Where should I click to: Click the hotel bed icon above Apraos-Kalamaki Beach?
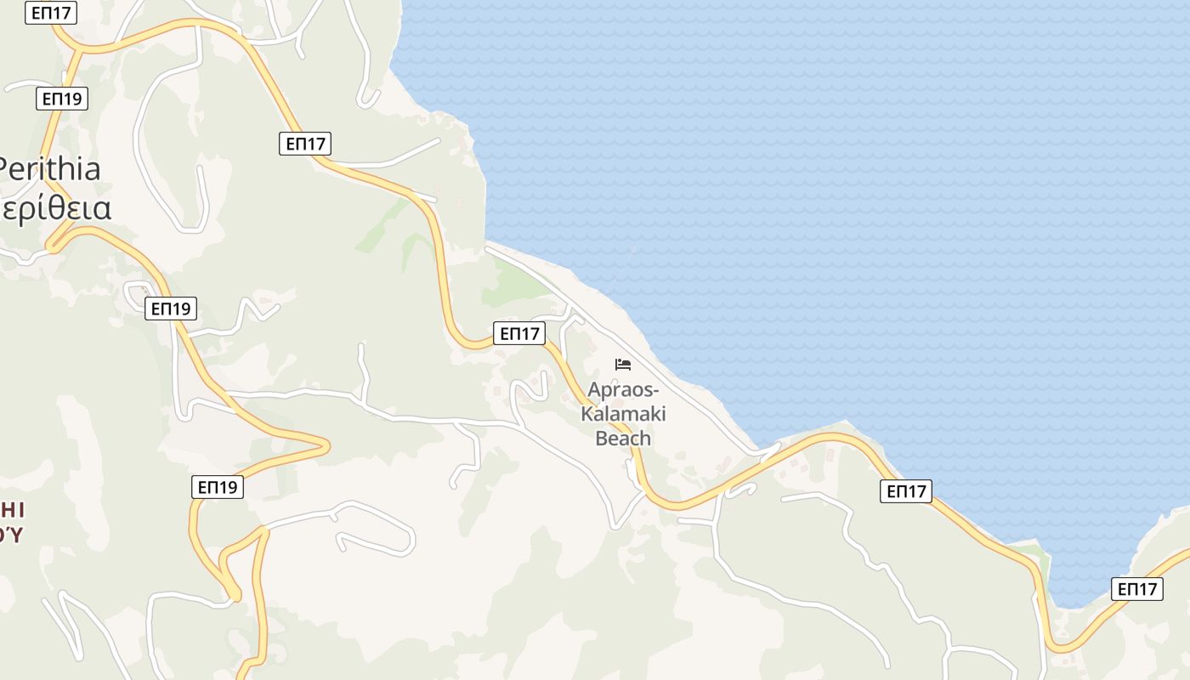pos(623,365)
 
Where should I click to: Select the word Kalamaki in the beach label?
pos(623,415)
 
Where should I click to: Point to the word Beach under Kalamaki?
pos(623,439)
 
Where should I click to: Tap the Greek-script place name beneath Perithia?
pos(56,208)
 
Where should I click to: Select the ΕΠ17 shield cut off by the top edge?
pos(51,12)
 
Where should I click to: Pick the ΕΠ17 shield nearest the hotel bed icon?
pos(519,333)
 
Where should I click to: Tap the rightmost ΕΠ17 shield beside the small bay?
pos(1137,589)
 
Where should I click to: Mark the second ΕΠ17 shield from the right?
pos(906,490)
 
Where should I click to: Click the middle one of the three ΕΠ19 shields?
pos(171,308)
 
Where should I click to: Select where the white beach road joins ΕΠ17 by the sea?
pos(769,450)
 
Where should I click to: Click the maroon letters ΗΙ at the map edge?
pos(12,510)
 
